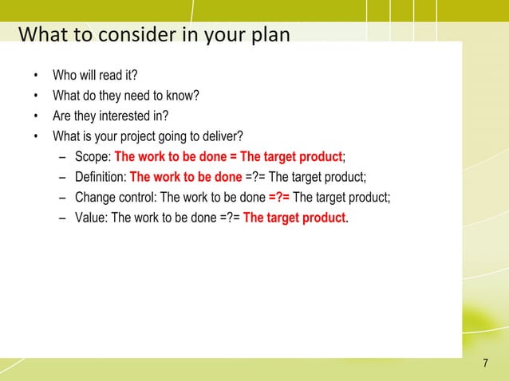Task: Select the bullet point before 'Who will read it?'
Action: pos(35,77)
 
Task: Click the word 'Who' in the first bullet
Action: pos(64,77)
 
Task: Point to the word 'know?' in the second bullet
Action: pos(182,97)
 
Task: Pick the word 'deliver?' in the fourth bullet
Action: pos(221,136)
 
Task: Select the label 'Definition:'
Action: pos(100,176)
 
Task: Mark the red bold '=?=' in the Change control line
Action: pos(279,196)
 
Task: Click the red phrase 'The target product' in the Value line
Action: pos(294,216)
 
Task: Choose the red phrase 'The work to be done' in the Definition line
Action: pos(185,176)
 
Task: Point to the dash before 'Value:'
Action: pos(63,216)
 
